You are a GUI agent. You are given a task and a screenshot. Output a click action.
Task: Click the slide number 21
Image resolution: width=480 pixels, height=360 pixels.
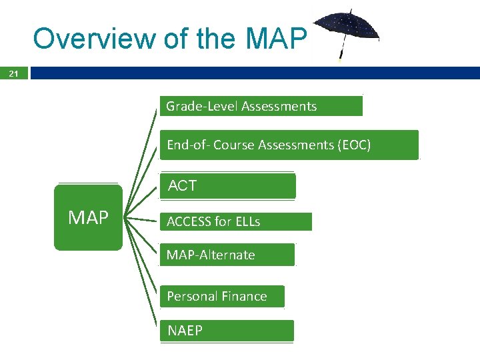(x=14, y=73)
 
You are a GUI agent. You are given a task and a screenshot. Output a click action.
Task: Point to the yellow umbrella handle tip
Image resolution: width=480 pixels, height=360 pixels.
(x=339, y=61)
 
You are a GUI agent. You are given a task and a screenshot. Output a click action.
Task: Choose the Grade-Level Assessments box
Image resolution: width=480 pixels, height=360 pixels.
(x=261, y=106)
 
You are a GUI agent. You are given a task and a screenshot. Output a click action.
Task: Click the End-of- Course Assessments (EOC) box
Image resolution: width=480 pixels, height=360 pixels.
(x=289, y=145)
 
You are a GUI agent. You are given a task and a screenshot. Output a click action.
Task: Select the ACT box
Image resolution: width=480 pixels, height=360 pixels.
(x=227, y=186)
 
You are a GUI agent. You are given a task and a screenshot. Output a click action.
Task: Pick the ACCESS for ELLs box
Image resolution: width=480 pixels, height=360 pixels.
(x=235, y=221)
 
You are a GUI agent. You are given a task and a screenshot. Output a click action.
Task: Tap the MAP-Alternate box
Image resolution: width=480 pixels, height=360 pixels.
(x=227, y=255)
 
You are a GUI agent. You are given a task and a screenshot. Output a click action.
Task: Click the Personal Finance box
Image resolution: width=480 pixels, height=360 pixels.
(x=222, y=296)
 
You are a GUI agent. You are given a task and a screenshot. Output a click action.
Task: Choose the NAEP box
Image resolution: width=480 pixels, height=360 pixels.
(x=227, y=331)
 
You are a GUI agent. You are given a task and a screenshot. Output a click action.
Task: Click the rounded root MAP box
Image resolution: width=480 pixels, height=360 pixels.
(x=88, y=217)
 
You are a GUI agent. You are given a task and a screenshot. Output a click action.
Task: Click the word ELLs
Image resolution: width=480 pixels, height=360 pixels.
(x=247, y=221)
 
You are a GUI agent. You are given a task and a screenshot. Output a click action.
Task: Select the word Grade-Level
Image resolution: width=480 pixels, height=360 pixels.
(x=202, y=106)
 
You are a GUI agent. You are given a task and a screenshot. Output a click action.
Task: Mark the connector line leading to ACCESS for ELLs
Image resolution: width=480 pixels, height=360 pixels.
(x=142, y=219)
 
